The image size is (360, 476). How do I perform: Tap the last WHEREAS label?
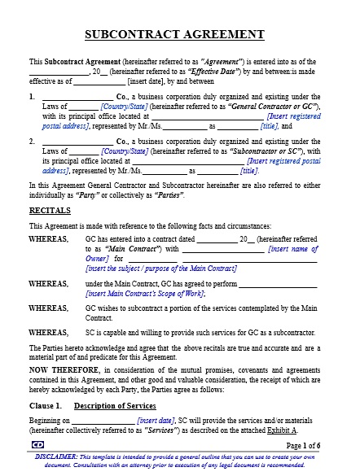click(49, 333)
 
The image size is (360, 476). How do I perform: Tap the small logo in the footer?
click(37, 445)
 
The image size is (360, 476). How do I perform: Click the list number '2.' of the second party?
click(33, 141)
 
